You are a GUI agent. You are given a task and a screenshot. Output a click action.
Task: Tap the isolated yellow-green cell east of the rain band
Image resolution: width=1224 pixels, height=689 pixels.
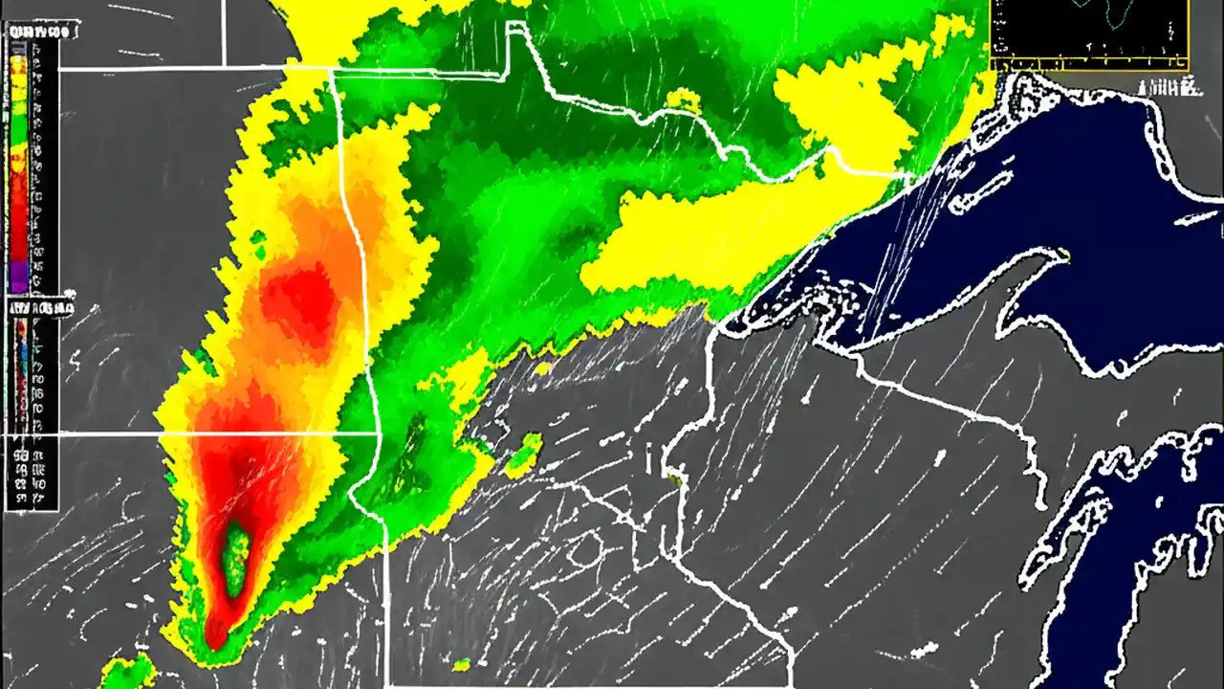pyautogui.click(x=524, y=454)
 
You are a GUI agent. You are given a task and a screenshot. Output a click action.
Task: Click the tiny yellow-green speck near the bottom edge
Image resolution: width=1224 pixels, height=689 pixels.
pyautogui.click(x=462, y=664)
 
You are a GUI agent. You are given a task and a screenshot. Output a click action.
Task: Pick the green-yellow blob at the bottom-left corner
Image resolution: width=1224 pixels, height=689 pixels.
pyautogui.click(x=127, y=673)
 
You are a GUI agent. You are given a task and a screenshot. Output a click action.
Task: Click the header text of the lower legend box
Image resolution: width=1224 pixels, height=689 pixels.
pyautogui.click(x=40, y=308)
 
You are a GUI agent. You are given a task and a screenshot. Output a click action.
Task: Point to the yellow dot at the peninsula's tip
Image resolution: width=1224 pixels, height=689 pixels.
pyautogui.click(x=1063, y=253)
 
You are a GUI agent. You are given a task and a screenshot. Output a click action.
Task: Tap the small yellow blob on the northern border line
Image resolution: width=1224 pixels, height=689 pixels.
pyautogui.click(x=683, y=99)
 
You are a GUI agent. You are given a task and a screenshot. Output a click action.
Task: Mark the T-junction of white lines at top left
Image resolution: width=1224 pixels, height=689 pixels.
pyautogui.click(x=224, y=68)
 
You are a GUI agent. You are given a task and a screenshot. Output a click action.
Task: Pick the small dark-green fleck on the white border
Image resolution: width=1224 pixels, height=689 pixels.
pyautogui.click(x=674, y=478)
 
